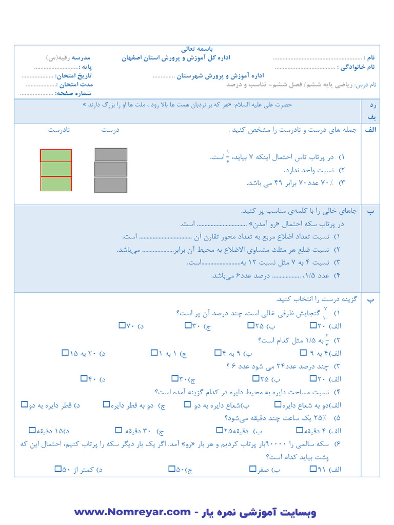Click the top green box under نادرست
56,156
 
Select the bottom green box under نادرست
56,184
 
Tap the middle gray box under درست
111,169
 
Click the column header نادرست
59,130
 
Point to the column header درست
110,130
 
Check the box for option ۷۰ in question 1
122,325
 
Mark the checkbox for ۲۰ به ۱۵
65,353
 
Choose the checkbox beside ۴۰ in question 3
84,379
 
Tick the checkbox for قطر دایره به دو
24,405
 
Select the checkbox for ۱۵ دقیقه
32,430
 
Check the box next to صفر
252,469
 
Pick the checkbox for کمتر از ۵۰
57,469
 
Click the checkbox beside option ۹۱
313,469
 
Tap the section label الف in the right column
370,130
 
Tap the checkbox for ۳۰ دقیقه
119,430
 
